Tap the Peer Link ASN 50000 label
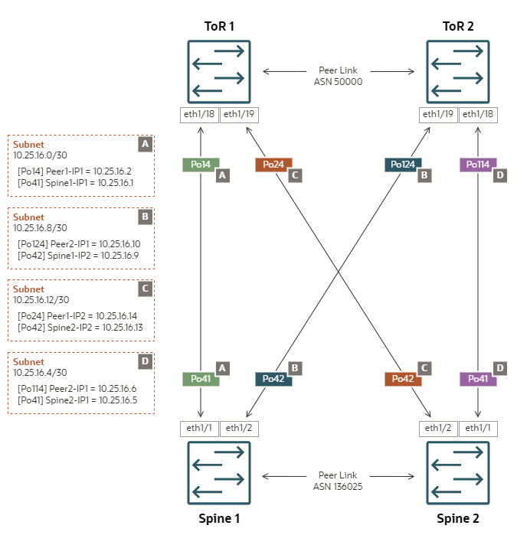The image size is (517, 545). tap(338, 76)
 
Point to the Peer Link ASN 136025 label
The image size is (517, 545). tap(338, 481)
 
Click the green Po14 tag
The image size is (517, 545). tap(200, 165)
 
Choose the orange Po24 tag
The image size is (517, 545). tap(273, 165)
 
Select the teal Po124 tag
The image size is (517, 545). tap(401, 165)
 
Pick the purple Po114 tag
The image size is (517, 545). tap(477, 165)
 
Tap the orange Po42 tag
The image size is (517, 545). tap(402, 378)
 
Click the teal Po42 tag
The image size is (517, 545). tap(273, 378)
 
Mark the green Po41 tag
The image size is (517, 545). tap(200, 378)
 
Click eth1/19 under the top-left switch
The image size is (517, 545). tap(240, 115)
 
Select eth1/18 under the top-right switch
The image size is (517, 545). tap(478, 115)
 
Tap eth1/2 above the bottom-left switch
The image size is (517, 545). tap(239, 428)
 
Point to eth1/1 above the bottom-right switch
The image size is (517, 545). tap(478, 428)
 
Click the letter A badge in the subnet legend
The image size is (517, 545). tap(145, 144)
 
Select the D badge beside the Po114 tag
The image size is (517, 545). tap(499, 175)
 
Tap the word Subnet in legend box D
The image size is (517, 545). tap(28, 361)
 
